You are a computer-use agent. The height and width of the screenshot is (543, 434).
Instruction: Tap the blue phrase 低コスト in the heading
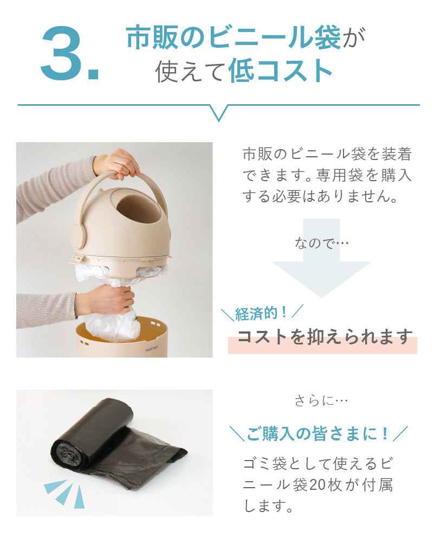[x=281, y=71]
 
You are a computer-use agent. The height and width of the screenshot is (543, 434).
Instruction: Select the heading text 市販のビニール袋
[x=234, y=37]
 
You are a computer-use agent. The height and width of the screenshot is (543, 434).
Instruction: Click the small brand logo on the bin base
[x=152, y=349]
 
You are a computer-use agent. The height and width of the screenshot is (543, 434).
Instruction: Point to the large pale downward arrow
[x=322, y=258]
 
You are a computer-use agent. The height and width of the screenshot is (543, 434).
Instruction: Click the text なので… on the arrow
[x=322, y=243]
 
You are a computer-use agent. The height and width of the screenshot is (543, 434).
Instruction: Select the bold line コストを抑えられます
[x=325, y=336]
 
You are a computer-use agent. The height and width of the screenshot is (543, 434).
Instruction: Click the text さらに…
[x=321, y=401]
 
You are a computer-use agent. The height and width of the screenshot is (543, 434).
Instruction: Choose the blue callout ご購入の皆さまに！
[x=318, y=433]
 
